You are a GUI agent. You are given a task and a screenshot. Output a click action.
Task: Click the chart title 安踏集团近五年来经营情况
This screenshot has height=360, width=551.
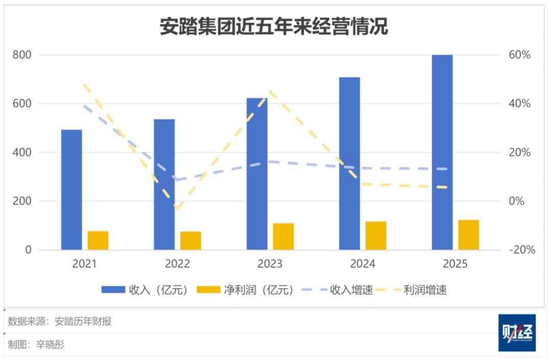(x=274, y=27)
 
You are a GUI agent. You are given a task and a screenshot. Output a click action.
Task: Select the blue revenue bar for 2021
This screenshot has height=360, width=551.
(x=71, y=190)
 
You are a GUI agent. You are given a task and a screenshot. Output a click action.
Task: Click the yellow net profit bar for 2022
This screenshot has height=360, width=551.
(x=191, y=241)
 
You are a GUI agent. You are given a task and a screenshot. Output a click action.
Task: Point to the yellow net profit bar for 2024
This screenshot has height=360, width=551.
(x=376, y=236)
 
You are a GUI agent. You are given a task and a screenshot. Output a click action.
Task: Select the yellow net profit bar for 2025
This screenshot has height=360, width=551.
(x=468, y=235)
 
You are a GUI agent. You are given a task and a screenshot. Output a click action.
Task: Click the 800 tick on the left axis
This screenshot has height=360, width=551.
(x=22, y=55)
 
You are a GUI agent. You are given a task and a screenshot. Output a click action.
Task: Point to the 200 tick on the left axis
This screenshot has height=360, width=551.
(x=22, y=201)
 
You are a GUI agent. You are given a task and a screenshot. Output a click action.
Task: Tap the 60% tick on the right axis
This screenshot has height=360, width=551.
(x=520, y=55)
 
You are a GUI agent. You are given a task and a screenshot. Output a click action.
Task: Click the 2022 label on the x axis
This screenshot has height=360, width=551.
(x=177, y=264)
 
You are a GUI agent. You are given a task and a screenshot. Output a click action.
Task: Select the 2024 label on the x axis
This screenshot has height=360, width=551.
(x=363, y=264)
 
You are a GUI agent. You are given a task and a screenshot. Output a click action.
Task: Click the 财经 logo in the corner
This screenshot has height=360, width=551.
(x=517, y=332)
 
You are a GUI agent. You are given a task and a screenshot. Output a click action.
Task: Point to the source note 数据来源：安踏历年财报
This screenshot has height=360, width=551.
(x=60, y=321)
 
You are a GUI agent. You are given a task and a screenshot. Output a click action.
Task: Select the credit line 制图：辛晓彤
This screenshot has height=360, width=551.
(x=36, y=345)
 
